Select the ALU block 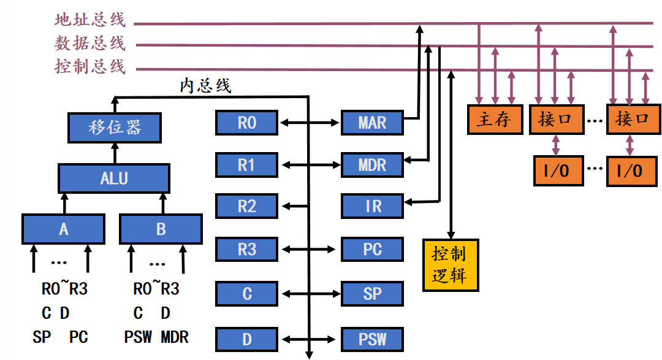pos(114,178)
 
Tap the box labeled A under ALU pos(64,229)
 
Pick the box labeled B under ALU pos(161,229)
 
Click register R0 pos(246,123)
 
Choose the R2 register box pos(246,207)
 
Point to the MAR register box pos(372,123)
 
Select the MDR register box pos(372,165)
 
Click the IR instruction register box pos(372,207)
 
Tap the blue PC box pos(372,249)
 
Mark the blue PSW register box pos(372,339)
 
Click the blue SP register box pos(372,293)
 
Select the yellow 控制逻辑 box pos(451,264)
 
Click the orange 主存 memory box pos(493,119)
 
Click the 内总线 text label pos(205,86)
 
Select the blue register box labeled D pos(246,339)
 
